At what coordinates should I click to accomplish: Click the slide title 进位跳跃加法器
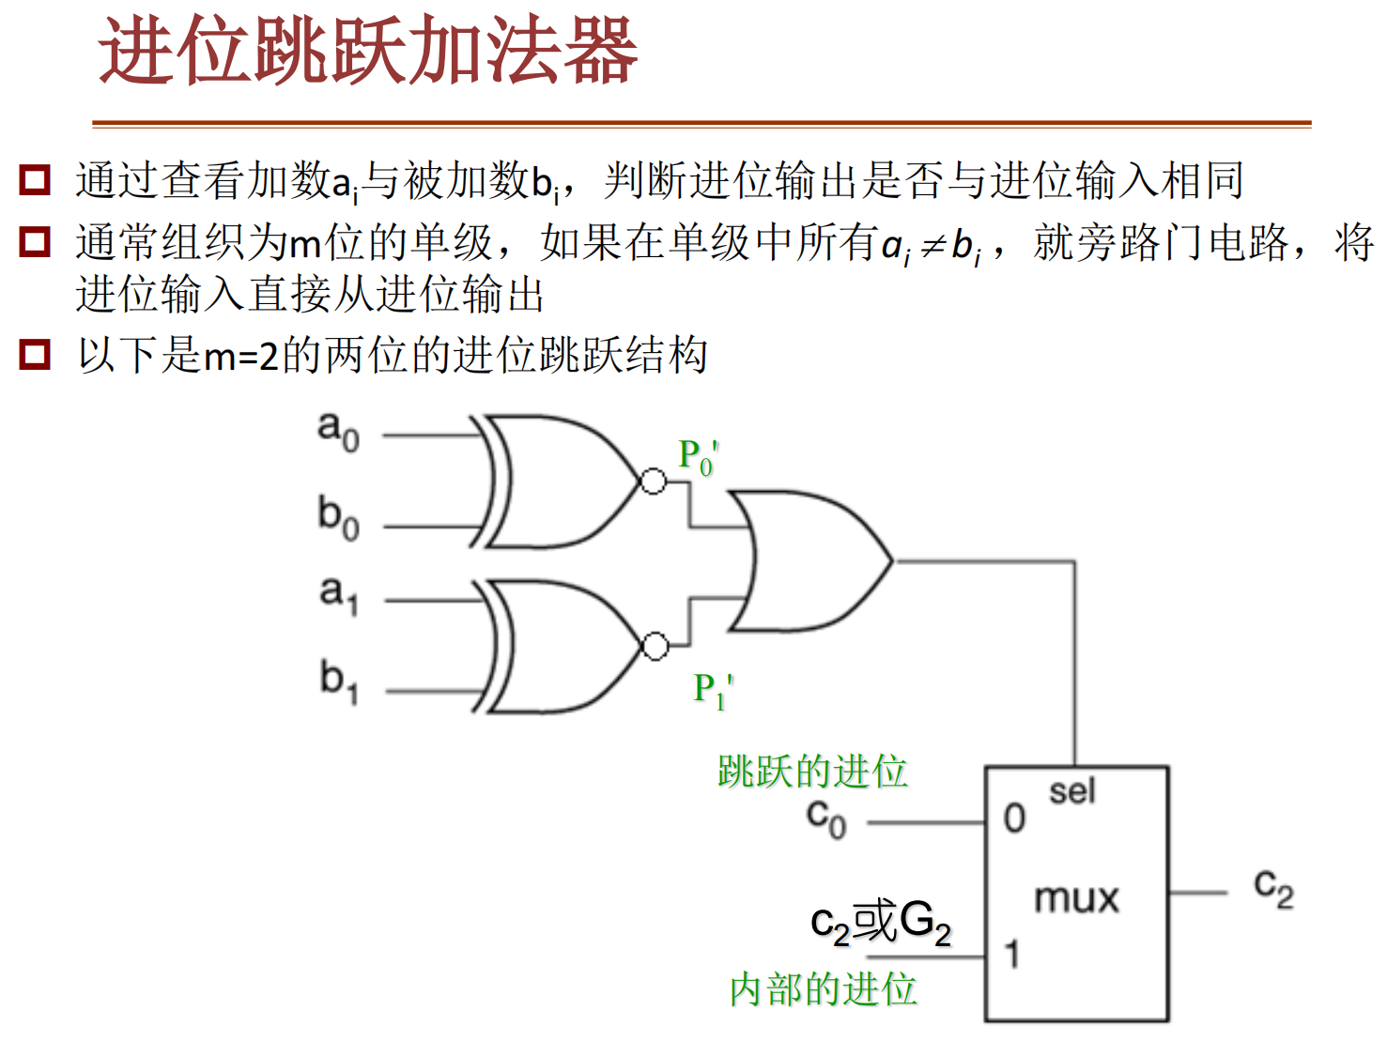tap(368, 51)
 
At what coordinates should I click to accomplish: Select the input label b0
tap(338, 518)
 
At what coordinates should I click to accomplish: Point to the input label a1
tap(338, 595)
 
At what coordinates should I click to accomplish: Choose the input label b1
tap(339, 682)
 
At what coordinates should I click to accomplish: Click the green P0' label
tap(699, 457)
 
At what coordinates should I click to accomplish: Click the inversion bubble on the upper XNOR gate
tap(654, 482)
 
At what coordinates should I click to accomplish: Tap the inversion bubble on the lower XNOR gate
tap(655, 647)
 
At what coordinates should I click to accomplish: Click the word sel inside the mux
tap(1071, 792)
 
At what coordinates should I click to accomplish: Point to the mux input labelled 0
tap(1014, 818)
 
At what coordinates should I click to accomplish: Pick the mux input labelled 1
tap(1012, 954)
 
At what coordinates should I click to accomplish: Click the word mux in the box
tap(1076, 898)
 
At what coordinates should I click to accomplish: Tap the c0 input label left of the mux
tap(825, 819)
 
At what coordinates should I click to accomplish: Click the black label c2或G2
tap(881, 924)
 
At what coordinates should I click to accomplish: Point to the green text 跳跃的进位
tap(812, 771)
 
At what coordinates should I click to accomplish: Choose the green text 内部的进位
tap(823, 989)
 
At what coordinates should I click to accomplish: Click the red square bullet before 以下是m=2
tap(35, 354)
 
